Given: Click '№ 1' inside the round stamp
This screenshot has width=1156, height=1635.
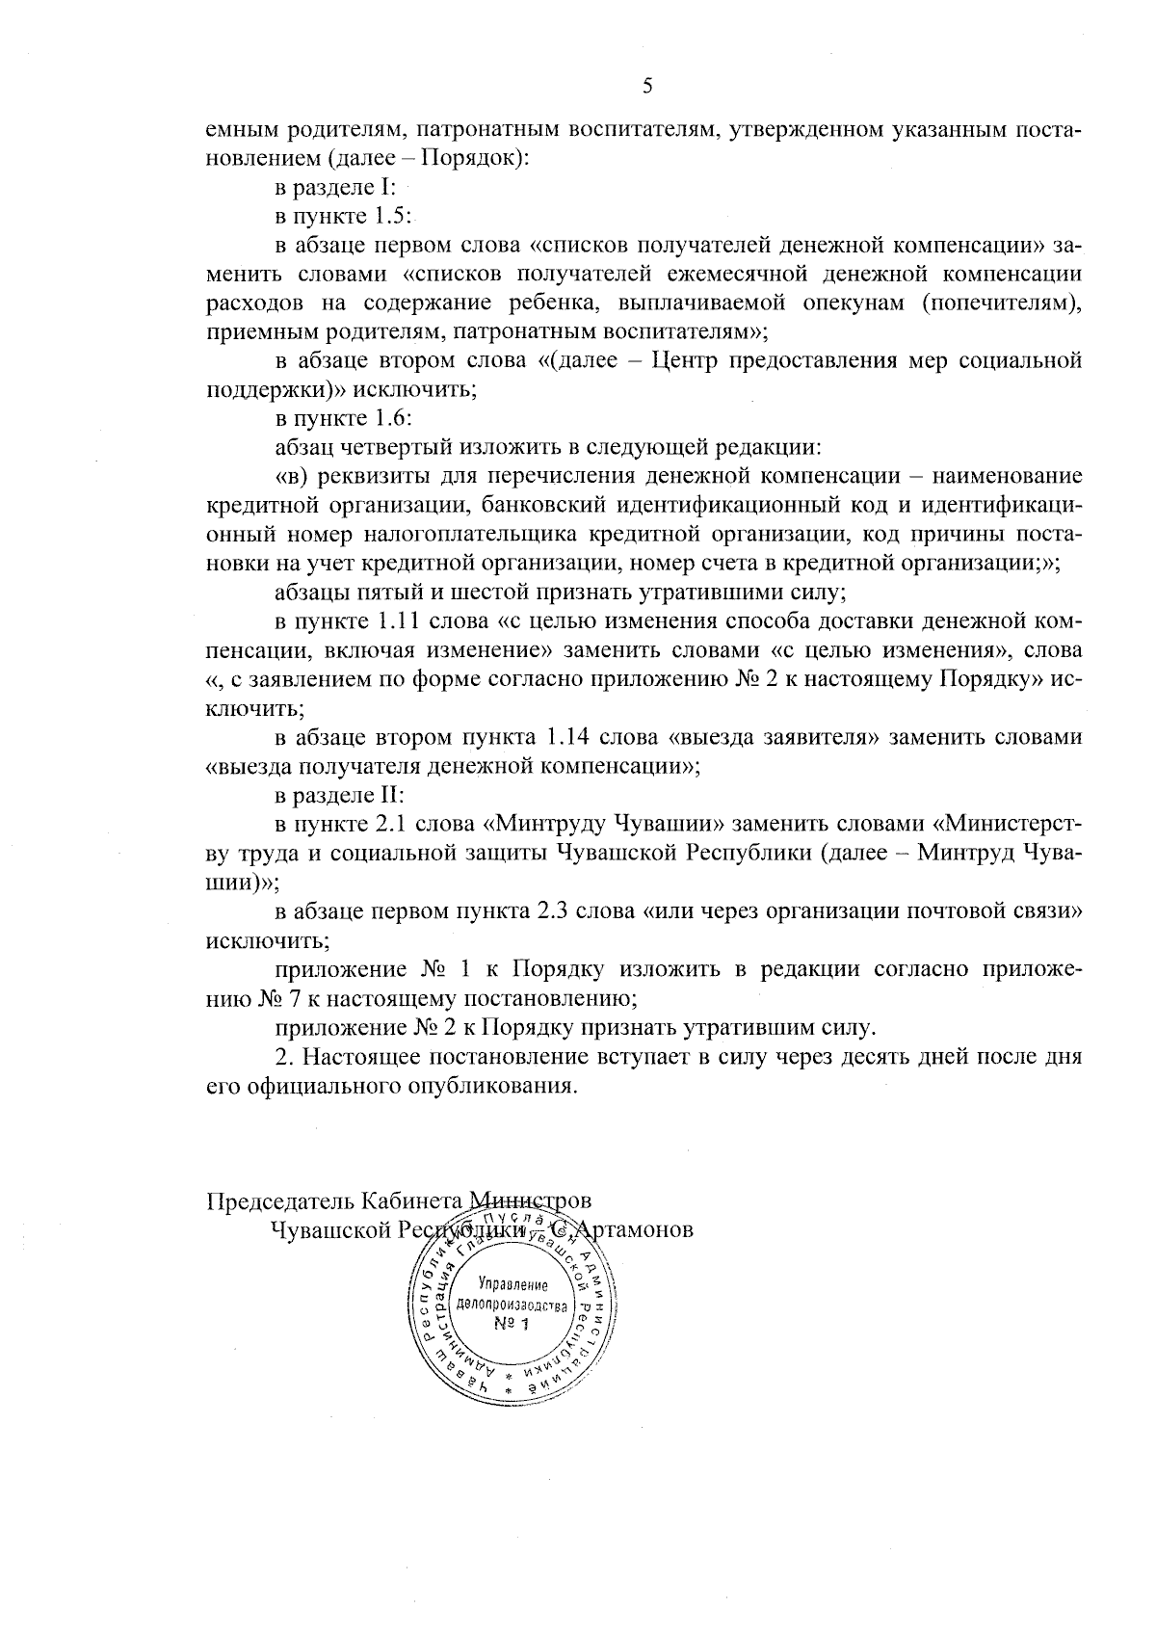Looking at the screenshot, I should tap(512, 1324).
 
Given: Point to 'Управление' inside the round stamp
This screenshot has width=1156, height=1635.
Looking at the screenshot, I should tap(512, 1286).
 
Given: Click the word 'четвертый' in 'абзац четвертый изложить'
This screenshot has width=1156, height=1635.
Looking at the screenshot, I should tap(382, 448).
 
